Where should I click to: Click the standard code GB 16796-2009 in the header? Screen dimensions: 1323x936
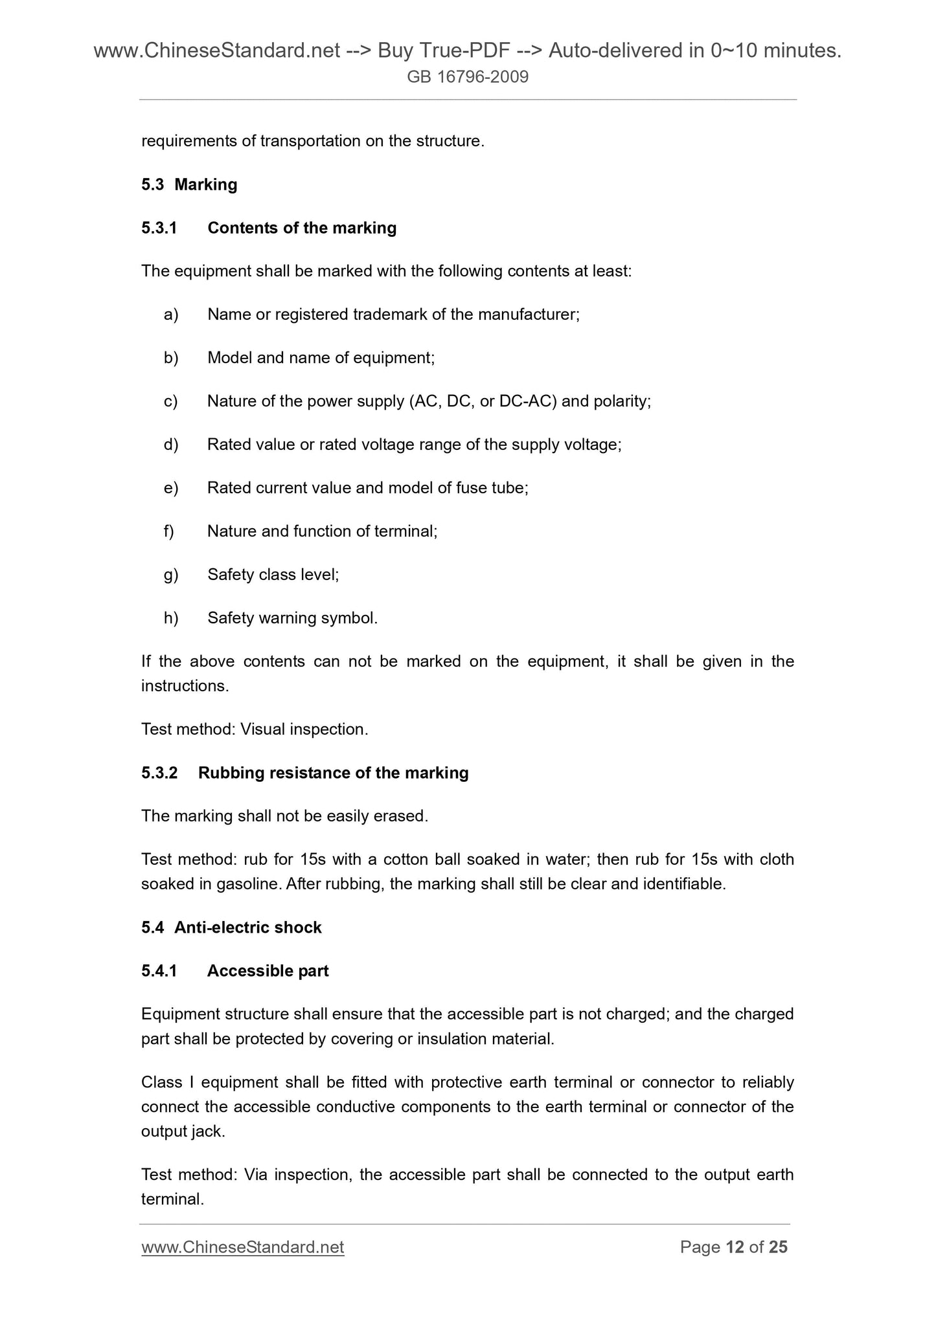[468, 78]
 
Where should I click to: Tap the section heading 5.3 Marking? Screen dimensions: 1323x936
[189, 185]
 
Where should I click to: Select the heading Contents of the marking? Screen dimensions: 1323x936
[302, 228]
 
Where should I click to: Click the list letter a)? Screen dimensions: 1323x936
[171, 315]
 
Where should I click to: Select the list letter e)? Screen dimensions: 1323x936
[171, 489]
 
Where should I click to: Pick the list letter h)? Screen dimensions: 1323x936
[171, 619]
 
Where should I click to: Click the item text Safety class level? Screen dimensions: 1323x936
[272, 575]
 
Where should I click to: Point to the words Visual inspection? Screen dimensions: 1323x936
[303, 730]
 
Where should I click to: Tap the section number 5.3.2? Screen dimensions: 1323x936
[159, 773]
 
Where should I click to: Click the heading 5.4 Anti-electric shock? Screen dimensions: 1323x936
[231, 928]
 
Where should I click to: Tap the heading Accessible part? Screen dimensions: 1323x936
[268, 972]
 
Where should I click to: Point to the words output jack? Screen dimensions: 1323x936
[182, 1132]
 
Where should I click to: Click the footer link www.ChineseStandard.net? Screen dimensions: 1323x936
[242, 1247]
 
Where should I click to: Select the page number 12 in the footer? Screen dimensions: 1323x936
[735, 1247]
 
